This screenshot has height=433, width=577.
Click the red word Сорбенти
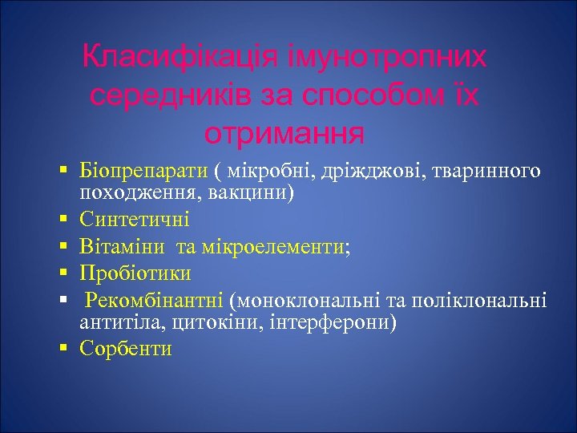pos(126,349)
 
